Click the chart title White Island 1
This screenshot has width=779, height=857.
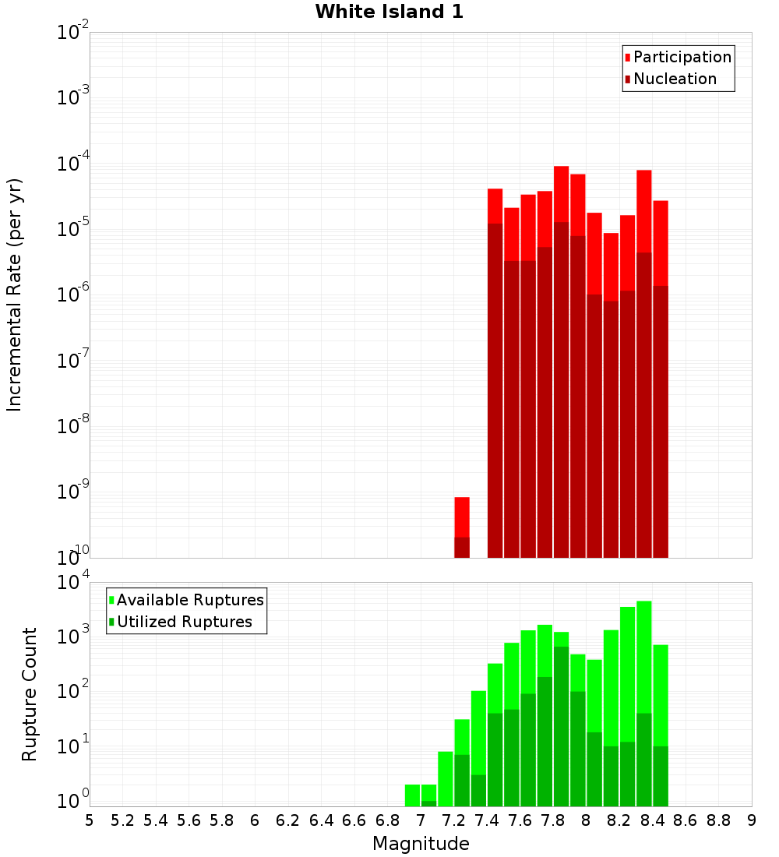pos(389,12)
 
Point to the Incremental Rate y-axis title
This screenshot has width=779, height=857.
pos(15,295)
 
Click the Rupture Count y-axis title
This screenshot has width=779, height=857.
pos(30,694)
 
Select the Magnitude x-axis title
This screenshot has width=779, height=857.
pos(421,844)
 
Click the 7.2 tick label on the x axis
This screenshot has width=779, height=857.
pos(453,820)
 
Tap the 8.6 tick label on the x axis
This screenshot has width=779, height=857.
pos(686,820)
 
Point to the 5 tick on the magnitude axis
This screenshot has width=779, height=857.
pos(90,820)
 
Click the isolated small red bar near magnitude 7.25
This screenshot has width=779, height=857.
pos(462,517)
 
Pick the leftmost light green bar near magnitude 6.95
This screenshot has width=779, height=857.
pos(412,795)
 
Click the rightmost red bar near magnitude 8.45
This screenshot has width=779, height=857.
pos(661,242)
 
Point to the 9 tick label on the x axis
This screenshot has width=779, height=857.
pos(752,820)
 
